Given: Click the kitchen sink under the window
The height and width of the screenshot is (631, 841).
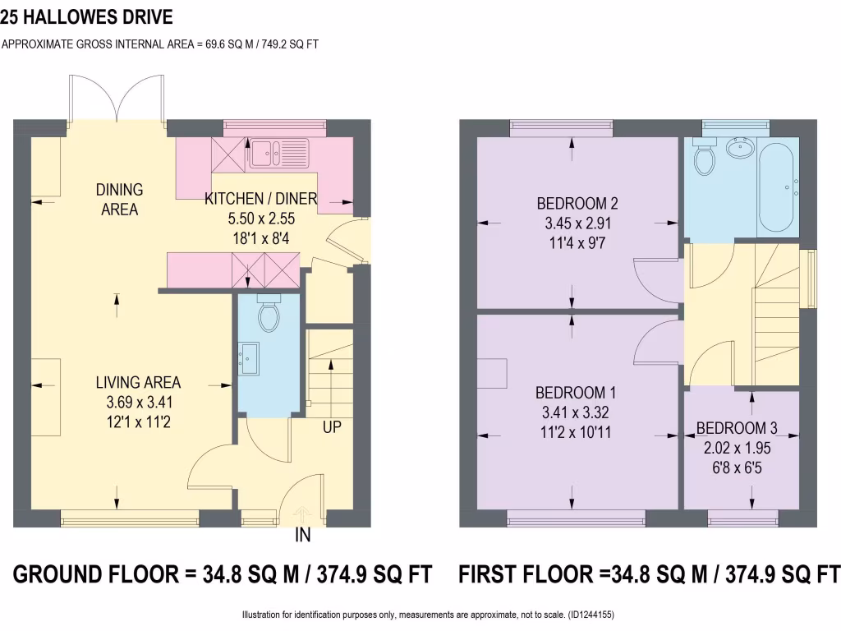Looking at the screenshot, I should tap(280, 152).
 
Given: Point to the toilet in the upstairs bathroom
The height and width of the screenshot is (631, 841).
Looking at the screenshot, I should tap(704, 158).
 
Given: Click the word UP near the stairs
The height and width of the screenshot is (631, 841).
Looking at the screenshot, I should tap(332, 428).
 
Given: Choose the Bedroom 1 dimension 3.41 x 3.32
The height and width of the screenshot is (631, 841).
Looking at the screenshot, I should tap(577, 412).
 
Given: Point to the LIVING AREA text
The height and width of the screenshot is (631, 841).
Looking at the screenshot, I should tap(138, 382).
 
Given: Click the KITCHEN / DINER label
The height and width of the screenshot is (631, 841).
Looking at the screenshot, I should tap(261, 198).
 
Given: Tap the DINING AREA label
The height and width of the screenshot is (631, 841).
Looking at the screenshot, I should tap(120, 200).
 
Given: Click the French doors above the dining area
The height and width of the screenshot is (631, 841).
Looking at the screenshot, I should tap(117, 99).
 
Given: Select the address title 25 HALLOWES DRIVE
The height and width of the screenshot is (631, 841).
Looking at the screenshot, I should tap(87, 16).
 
